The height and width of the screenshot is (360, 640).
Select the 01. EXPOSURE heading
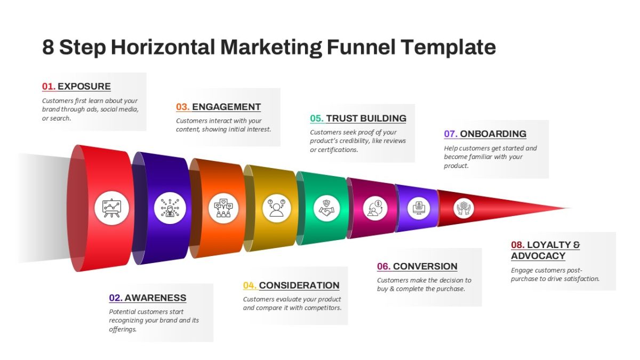77,86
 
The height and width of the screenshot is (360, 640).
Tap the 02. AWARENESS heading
148,298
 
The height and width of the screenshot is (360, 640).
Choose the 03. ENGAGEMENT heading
219,107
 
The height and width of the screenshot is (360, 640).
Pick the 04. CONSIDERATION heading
291,285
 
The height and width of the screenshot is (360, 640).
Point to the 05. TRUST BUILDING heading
358,118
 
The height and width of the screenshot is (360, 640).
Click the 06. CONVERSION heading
417,267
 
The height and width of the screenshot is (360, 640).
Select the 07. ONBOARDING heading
485,134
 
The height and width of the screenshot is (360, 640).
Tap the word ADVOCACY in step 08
538,256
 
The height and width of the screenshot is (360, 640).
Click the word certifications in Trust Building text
337,150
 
